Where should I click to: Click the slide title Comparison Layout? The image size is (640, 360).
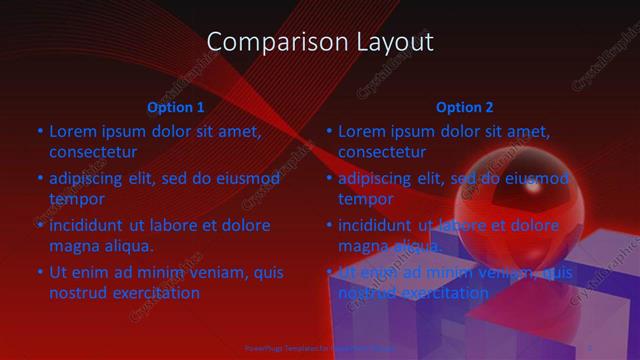pyautogui.click(x=320, y=42)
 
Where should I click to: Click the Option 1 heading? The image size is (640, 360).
pyautogui.click(x=176, y=107)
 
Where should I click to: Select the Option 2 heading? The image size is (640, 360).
pyautogui.click(x=465, y=107)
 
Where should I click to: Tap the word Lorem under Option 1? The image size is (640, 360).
pyautogui.click(x=71, y=131)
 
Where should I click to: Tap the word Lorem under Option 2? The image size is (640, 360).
pyautogui.click(x=361, y=131)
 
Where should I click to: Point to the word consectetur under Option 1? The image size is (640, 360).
pyautogui.click(x=93, y=153)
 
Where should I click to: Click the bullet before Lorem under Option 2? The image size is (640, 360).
pyautogui.click(x=328, y=131)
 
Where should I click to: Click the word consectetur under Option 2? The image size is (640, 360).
pyautogui.click(x=382, y=153)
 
